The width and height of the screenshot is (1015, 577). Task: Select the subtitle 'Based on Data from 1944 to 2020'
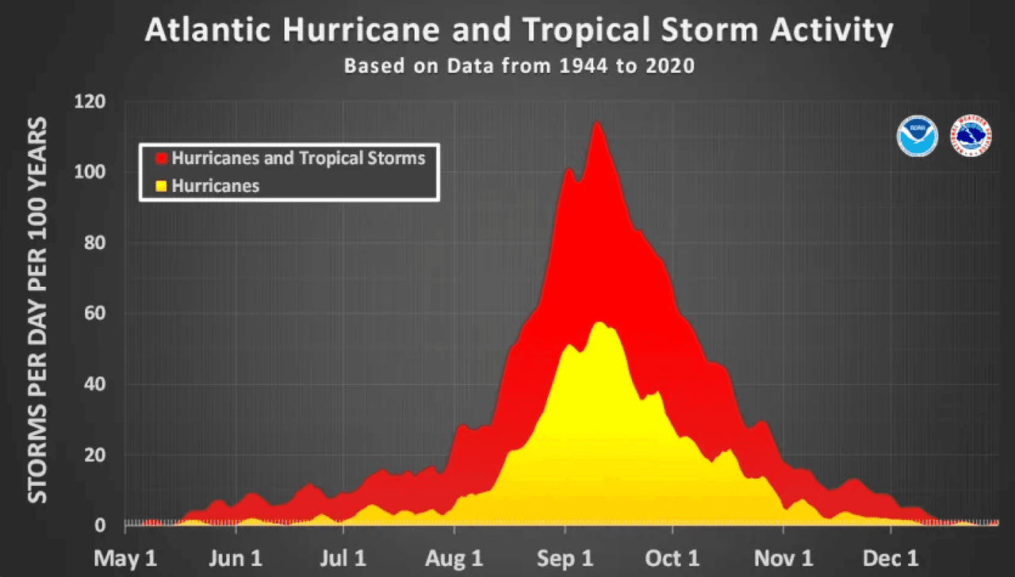[519, 66]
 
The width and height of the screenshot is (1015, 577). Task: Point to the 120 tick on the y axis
[90, 102]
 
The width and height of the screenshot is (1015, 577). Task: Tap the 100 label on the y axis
[90, 173]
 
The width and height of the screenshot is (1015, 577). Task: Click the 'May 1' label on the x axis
[126, 558]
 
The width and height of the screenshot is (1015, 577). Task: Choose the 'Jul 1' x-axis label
[342, 558]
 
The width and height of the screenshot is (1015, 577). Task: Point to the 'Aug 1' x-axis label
[454, 558]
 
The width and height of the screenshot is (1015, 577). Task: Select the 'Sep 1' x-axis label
[564, 558]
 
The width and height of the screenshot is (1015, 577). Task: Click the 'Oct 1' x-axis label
[672, 558]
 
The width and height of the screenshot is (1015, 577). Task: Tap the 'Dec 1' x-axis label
[891, 558]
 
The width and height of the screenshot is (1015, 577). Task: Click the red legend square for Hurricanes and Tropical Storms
[162, 158]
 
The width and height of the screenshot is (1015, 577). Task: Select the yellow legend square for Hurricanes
[162, 186]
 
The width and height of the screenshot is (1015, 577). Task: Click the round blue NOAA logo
[917, 136]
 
